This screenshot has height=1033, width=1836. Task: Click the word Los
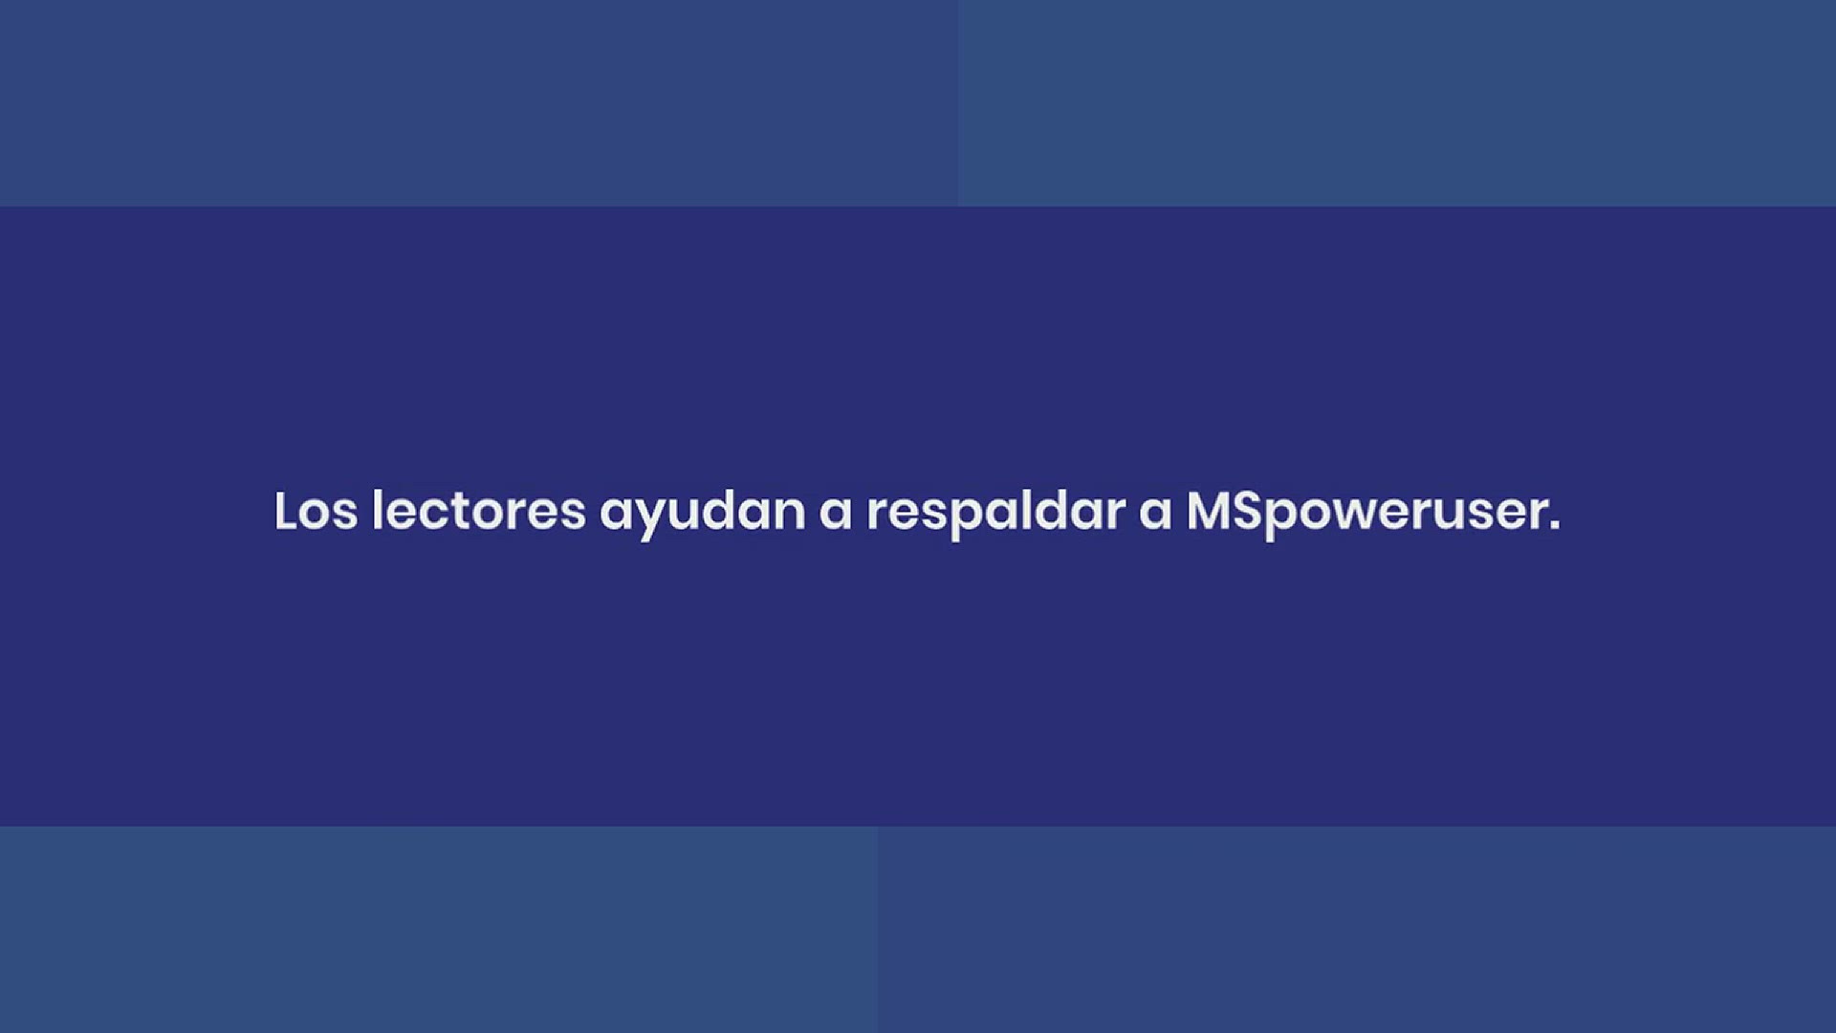(x=316, y=511)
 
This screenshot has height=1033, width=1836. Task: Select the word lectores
(x=478, y=511)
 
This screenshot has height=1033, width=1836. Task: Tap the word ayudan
(x=702, y=515)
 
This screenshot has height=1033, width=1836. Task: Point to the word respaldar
(x=995, y=515)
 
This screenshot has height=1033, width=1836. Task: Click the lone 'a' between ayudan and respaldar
(x=835, y=514)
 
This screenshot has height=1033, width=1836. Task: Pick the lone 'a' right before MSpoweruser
(x=1155, y=514)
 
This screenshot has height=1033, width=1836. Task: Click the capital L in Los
(x=286, y=511)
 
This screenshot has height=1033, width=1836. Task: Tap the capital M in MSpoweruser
(x=1210, y=511)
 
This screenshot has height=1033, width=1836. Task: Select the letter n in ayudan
(x=789, y=514)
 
